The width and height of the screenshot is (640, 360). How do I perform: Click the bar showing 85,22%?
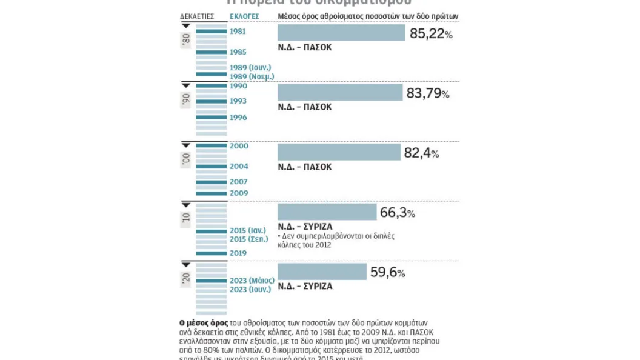coord(341,33)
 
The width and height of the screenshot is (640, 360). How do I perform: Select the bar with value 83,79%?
coord(340,92)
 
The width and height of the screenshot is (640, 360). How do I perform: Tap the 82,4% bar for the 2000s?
coord(339,152)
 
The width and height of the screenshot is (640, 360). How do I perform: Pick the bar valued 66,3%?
coord(327,212)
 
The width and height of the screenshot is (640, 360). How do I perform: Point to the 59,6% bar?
coord(322,272)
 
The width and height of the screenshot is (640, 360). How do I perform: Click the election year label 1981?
coord(238,32)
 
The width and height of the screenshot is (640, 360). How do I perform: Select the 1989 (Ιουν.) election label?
coord(250,67)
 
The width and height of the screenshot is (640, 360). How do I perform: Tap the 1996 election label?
coord(238,117)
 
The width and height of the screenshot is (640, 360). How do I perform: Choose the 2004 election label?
coord(239,166)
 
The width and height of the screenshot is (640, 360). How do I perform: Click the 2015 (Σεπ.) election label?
coord(249,239)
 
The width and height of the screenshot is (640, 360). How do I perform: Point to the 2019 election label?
coord(238,253)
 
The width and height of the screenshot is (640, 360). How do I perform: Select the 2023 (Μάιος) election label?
coord(252,281)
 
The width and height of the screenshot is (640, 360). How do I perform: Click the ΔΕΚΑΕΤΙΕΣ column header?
coord(197,16)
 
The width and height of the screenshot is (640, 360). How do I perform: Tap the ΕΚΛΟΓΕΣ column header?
coord(244,16)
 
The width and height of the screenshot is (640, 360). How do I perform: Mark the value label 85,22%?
coord(431,34)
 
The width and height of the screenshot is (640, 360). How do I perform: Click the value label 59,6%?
coord(387,273)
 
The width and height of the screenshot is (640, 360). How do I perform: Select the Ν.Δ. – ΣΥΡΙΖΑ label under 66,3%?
coord(305,227)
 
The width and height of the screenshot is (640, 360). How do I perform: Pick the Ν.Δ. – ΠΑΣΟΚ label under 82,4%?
coord(305,167)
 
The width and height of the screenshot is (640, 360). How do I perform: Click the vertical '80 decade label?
coord(185,41)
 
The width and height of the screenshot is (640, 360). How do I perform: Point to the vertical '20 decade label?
coord(185,278)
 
